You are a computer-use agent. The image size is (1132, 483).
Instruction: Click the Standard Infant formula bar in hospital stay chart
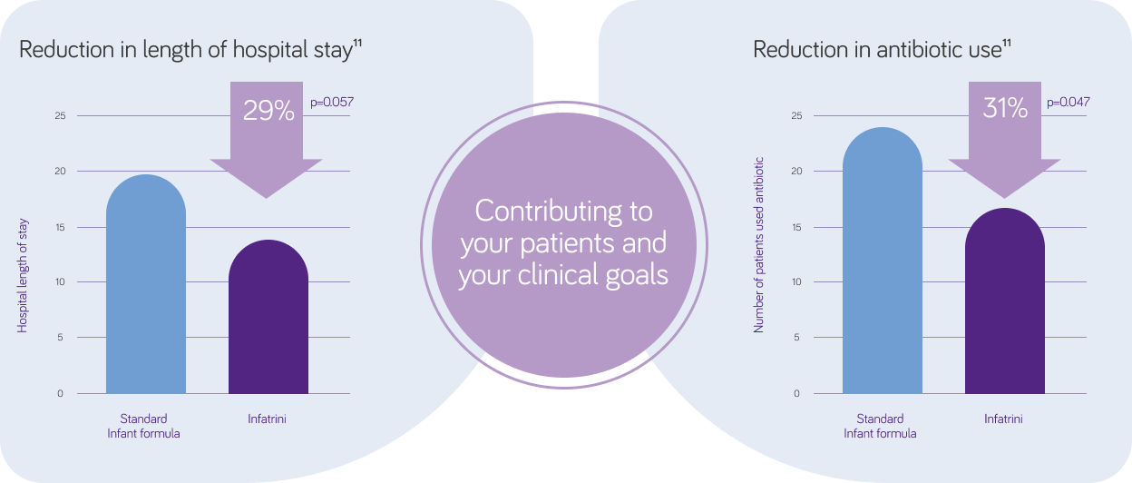pyautogui.click(x=146, y=284)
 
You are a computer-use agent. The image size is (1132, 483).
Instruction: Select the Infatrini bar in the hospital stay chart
pyautogui.click(x=268, y=317)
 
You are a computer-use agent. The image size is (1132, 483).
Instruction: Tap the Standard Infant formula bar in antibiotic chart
pyautogui.click(x=883, y=261)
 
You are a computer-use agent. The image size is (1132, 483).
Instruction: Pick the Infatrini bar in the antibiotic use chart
pyautogui.click(x=1005, y=301)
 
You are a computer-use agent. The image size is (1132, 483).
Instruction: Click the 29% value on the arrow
pyautogui.click(x=268, y=111)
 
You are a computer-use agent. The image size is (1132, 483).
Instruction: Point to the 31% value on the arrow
pyautogui.click(x=1005, y=108)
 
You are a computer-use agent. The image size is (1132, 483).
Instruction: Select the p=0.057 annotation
pyautogui.click(x=332, y=103)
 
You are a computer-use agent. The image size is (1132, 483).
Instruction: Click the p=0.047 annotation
pyautogui.click(x=1068, y=103)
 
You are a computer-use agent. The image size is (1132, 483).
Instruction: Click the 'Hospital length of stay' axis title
pyautogui.click(x=23, y=276)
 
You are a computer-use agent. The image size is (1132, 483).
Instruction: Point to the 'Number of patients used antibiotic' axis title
pyautogui.click(x=758, y=245)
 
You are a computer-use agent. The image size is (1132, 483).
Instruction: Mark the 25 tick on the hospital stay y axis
pyautogui.click(x=60, y=116)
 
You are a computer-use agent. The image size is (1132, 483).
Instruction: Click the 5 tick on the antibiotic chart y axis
pyautogui.click(x=797, y=338)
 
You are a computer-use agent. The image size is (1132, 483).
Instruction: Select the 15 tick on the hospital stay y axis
pyautogui.click(x=60, y=228)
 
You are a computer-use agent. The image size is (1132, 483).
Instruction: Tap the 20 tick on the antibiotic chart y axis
pyautogui.click(x=796, y=171)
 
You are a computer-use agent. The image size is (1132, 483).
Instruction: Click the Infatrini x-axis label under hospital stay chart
pyautogui.click(x=267, y=419)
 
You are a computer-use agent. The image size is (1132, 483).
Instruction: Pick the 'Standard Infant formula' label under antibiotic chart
pyautogui.click(x=880, y=427)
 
